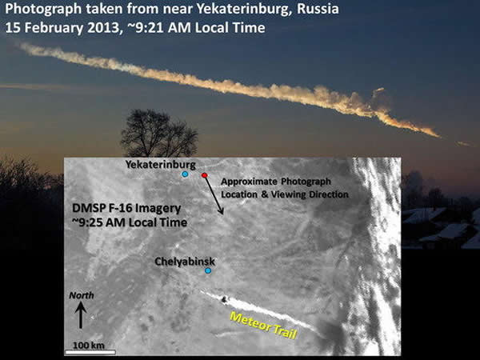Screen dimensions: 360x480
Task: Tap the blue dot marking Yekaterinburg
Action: tap(185, 174)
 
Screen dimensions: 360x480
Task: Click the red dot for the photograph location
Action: tap(205, 175)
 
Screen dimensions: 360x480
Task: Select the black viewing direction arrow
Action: tap(214, 194)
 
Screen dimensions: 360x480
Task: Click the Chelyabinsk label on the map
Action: tap(185, 261)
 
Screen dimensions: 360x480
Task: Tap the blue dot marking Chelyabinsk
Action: tap(208, 271)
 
